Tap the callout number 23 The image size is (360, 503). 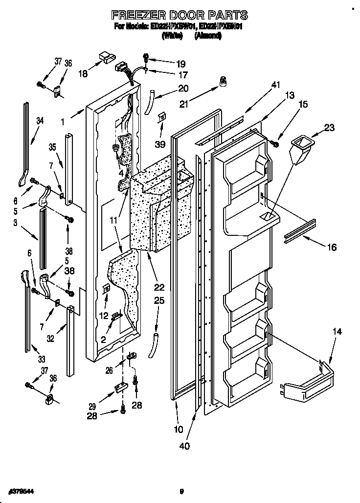[329, 128]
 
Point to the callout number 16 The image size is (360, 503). [331, 248]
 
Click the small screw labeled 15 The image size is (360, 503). [274, 144]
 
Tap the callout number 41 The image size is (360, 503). [275, 85]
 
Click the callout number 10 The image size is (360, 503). [178, 430]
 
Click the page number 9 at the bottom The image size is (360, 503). [181, 492]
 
